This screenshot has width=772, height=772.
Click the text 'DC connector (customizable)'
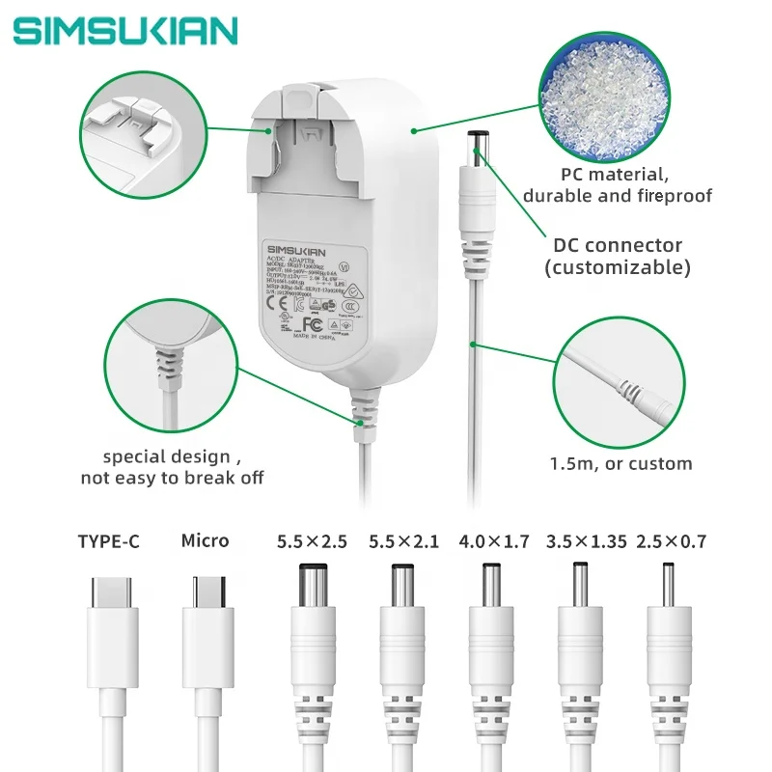(619, 256)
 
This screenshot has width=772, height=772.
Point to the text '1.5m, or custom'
(620, 463)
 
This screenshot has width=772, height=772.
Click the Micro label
(205, 540)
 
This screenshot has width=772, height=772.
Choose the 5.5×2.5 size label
(311, 541)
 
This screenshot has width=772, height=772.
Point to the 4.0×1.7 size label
(494, 541)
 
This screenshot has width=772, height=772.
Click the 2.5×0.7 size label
(672, 541)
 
